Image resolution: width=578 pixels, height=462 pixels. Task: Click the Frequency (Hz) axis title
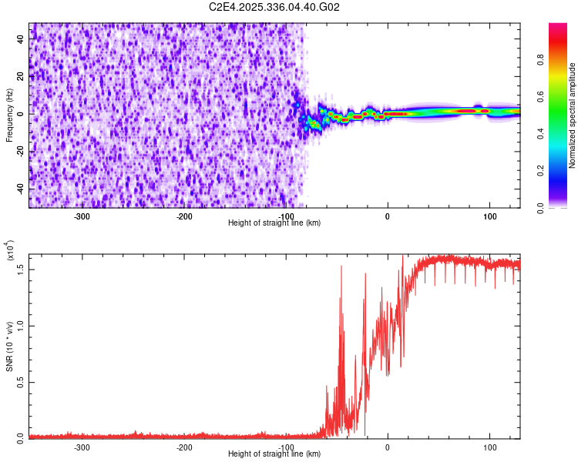pos(9,115)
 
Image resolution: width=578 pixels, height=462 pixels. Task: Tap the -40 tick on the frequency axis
pos(20,189)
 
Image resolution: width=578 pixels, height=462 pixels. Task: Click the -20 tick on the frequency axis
pos(20,151)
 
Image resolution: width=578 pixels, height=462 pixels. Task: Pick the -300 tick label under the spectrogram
pos(82,216)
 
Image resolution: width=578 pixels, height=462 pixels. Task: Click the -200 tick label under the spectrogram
pos(183,216)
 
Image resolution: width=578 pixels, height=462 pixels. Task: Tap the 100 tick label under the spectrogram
pos(489,216)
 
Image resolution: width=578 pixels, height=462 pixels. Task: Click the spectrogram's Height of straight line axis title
pos(274,223)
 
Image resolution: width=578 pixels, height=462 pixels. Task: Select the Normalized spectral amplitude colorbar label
pos(573,115)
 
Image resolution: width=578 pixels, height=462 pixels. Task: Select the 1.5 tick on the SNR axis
pos(22,269)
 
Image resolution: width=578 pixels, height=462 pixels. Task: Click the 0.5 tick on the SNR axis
pos(22,382)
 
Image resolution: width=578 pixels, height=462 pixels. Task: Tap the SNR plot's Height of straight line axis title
pos(274,454)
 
